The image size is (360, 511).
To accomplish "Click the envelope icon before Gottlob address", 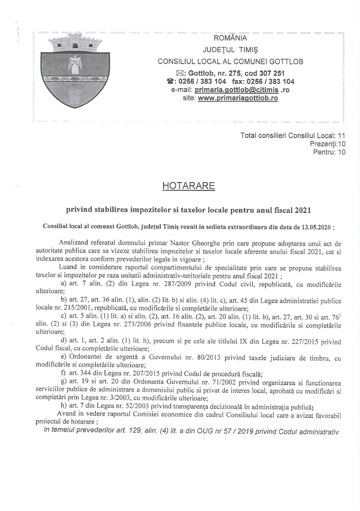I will click(x=181, y=73).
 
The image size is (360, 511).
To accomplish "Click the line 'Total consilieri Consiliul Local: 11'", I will click(x=293, y=136).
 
